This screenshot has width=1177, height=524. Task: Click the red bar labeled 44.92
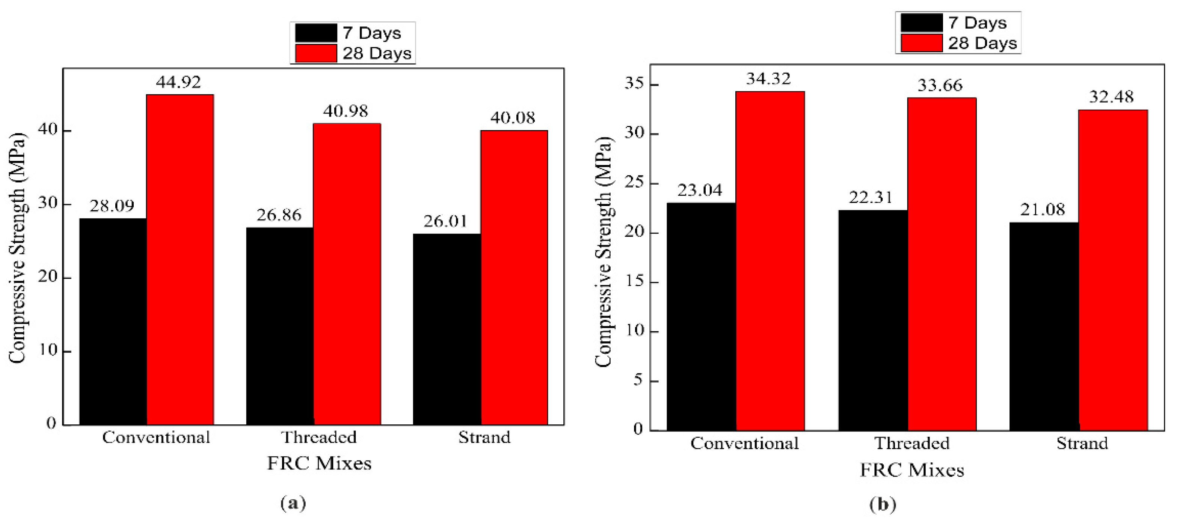click(180, 260)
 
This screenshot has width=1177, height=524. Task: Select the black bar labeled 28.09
click(113, 321)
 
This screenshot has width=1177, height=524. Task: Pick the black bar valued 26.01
click(447, 329)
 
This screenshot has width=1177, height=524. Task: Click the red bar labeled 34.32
click(770, 260)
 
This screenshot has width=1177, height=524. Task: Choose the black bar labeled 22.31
click(873, 320)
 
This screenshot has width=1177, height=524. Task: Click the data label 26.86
click(279, 215)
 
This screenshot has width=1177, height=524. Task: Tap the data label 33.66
click(940, 85)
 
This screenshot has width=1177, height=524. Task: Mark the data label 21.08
click(1043, 210)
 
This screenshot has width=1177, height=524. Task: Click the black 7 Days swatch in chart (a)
click(316, 33)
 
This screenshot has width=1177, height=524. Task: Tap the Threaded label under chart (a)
click(319, 438)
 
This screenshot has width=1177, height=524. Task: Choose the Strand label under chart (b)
click(1082, 444)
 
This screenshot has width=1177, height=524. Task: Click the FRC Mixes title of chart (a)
click(319, 463)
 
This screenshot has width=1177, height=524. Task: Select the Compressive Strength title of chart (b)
click(603, 251)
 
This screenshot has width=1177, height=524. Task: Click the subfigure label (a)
click(293, 503)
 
